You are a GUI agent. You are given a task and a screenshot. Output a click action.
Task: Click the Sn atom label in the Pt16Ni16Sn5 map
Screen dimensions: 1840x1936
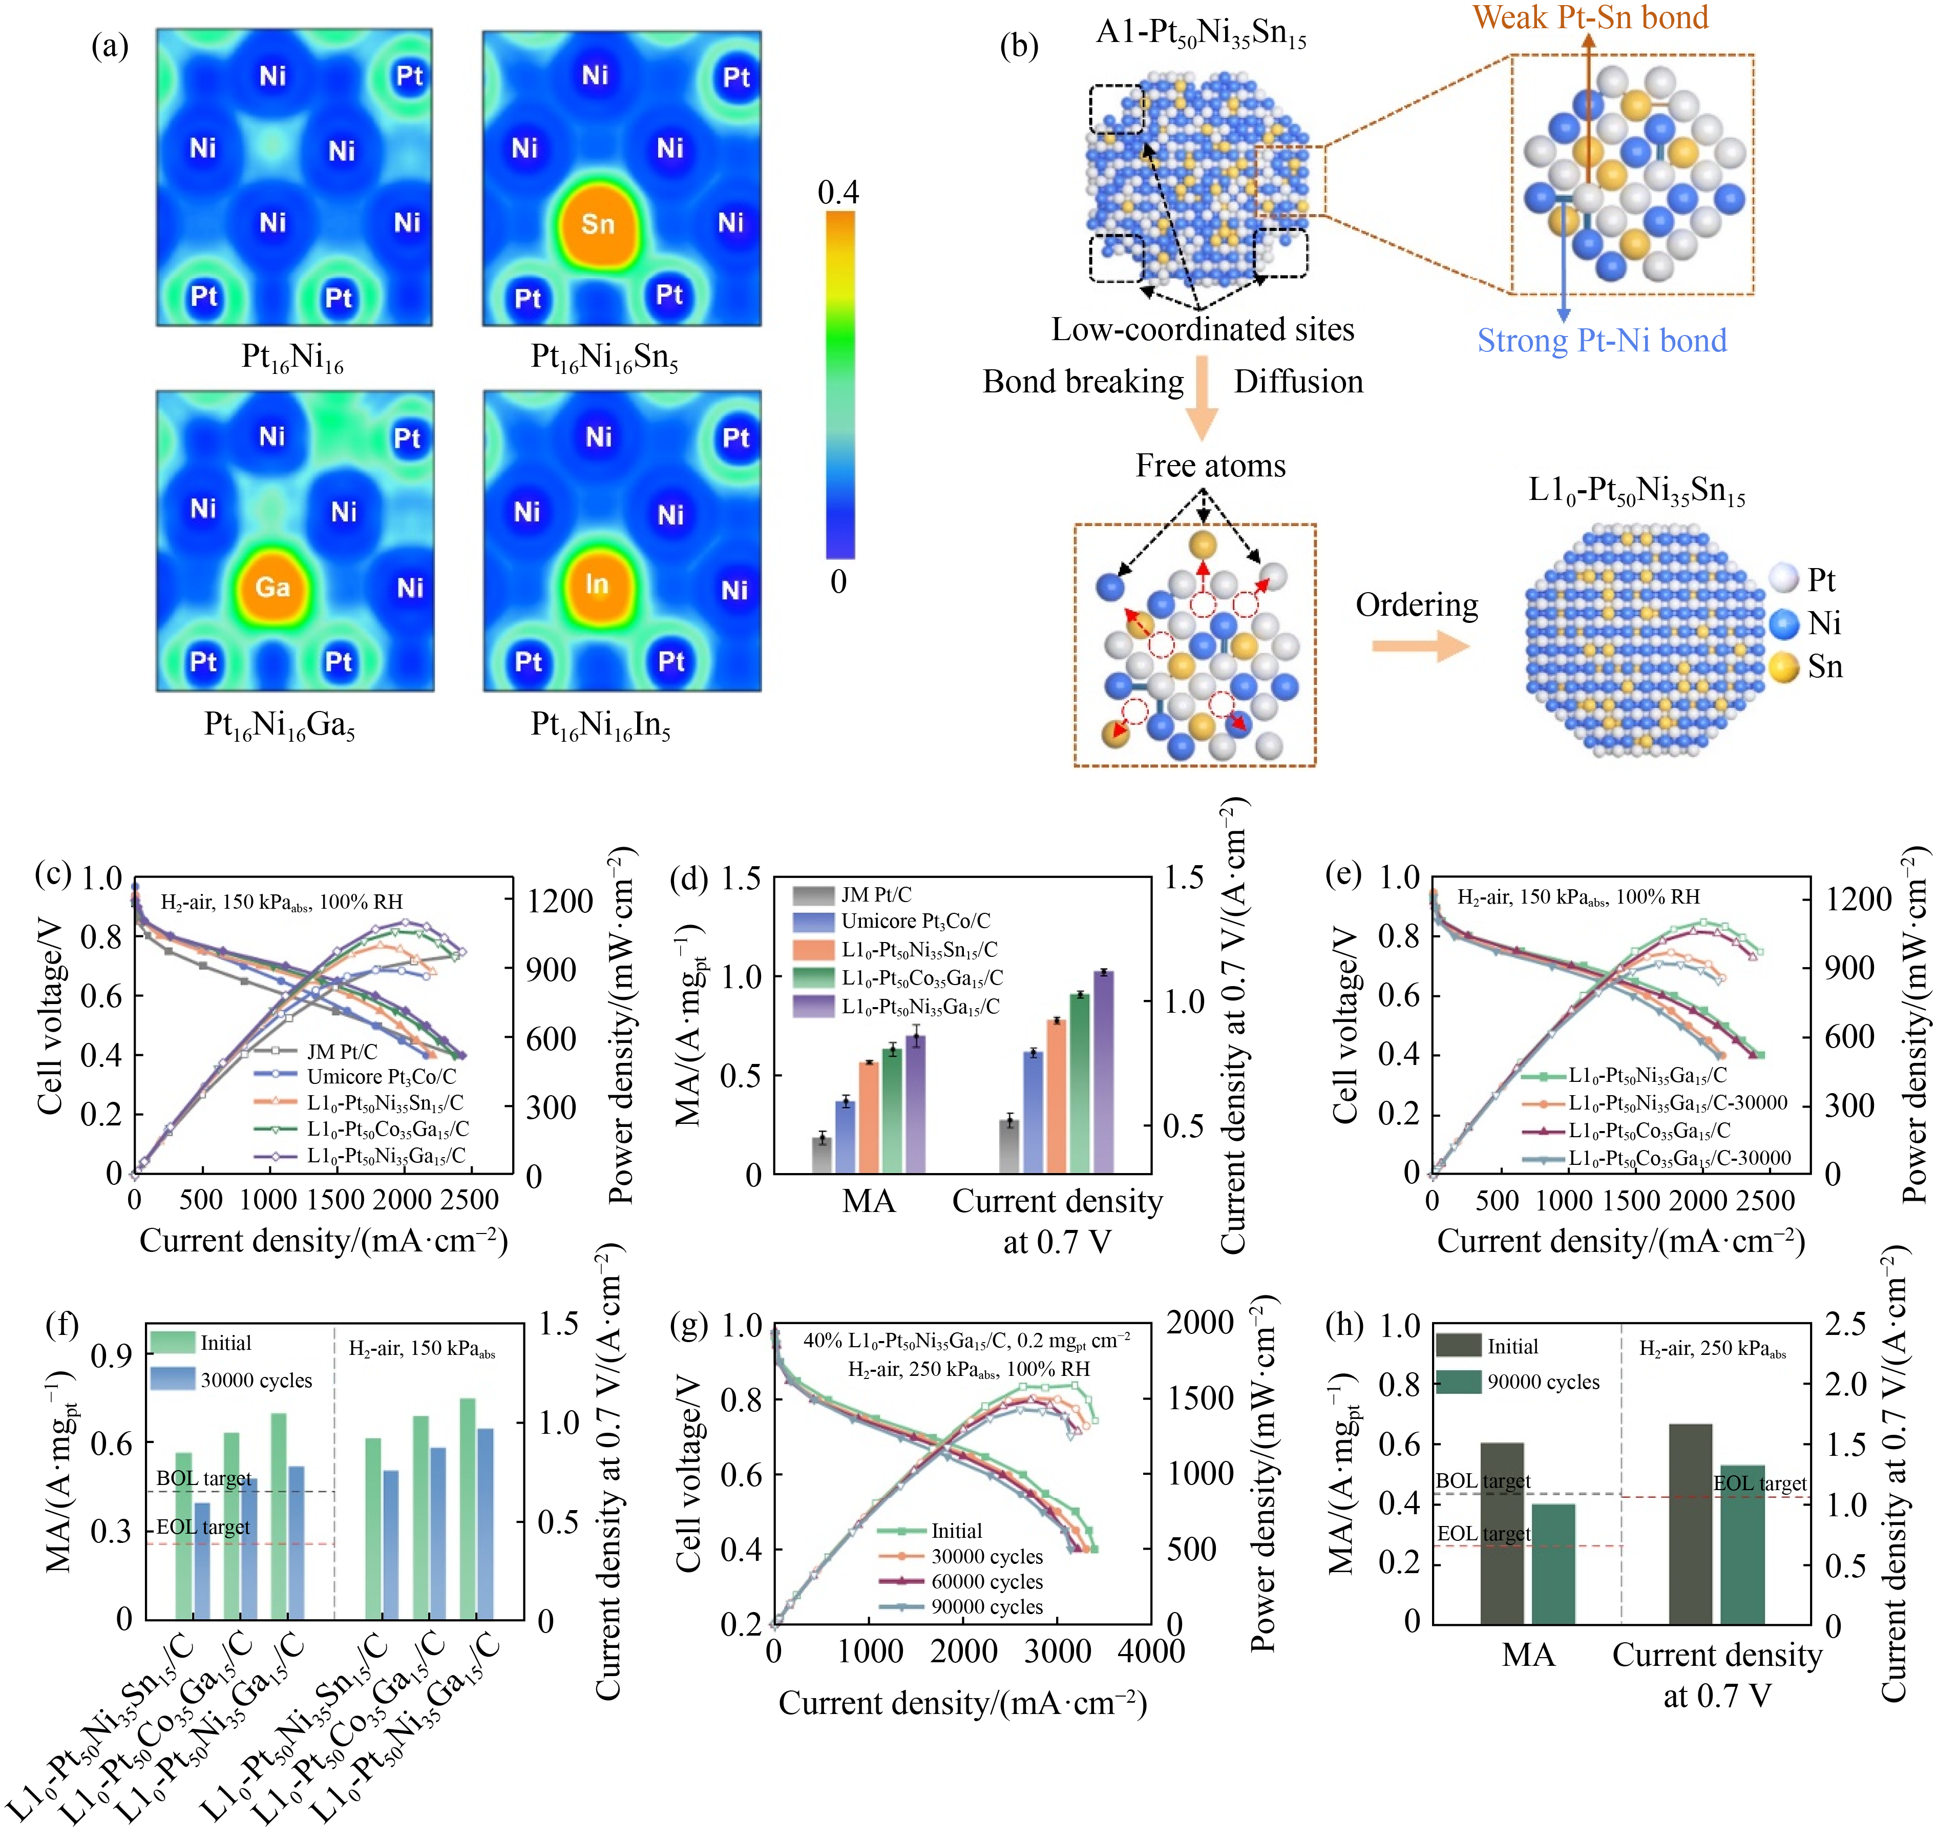click(x=597, y=224)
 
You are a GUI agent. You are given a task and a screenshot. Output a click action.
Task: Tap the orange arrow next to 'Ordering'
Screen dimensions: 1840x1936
click(x=1419, y=645)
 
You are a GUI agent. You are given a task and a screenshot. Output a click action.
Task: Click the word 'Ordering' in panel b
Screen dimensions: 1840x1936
click(x=1416, y=605)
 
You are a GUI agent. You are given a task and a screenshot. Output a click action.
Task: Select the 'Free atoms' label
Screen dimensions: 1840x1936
click(x=1210, y=465)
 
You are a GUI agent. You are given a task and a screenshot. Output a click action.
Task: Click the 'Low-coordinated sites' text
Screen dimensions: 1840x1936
click(x=1203, y=329)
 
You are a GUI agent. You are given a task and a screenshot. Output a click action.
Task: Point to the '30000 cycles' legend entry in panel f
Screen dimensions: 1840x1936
click(x=255, y=1380)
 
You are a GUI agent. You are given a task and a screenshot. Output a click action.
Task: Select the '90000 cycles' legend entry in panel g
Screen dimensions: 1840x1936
click(x=985, y=1606)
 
